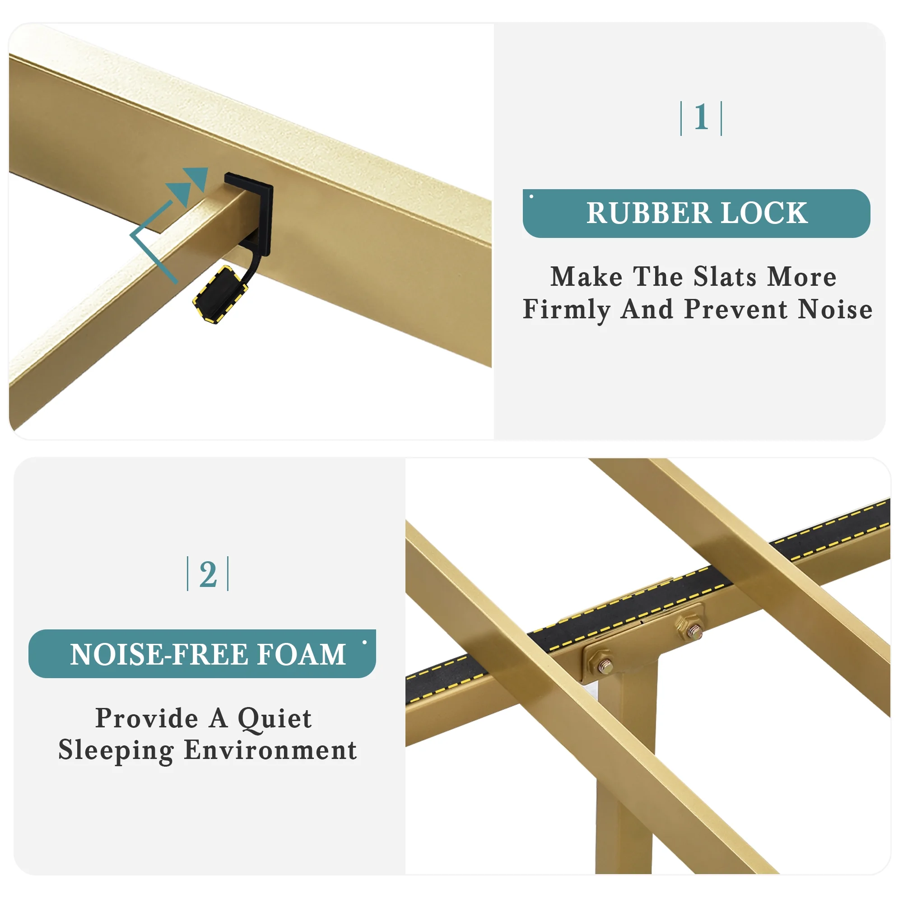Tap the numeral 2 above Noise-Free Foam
[x=208, y=574]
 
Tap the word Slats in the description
[x=725, y=277]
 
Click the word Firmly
[x=567, y=310]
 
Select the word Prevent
[x=736, y=309]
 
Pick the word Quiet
[x=275, y=718]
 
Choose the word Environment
[x=270, y=750]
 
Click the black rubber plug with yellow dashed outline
[x=221, y=294]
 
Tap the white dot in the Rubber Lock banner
[x=531, y=196]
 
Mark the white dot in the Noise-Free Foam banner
[x=364, y=642]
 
